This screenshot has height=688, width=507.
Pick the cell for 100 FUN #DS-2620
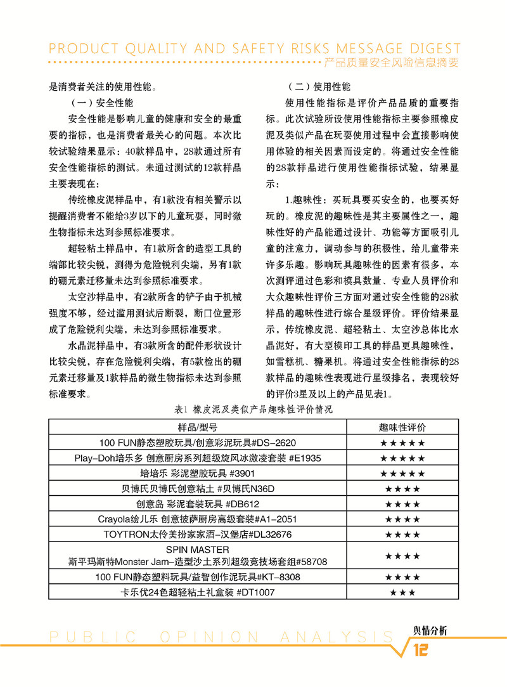click(x=198, y=443)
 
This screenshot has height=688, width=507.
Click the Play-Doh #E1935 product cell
click(x=198, y=458)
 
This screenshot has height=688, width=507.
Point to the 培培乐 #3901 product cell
click(x=198, y=474)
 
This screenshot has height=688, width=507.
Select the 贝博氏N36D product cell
click(x=198, y=489)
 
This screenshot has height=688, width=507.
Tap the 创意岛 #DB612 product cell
click(x=198, y=504)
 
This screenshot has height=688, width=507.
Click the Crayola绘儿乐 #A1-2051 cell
click(x=198, y=519)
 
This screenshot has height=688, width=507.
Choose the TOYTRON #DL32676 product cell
click(x=198, y=535)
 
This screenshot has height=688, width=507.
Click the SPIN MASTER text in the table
click(x=198, y=549)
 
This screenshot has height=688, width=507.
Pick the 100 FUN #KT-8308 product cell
click(x=198, y=577)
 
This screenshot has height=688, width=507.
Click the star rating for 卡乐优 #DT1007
click(x=402, y=593)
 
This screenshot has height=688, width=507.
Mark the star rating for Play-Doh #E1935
click(x=402, y=458)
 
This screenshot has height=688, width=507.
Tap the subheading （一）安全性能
click(x=101, y=103)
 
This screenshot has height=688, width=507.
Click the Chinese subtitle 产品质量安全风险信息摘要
click(x=391, y=63)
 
